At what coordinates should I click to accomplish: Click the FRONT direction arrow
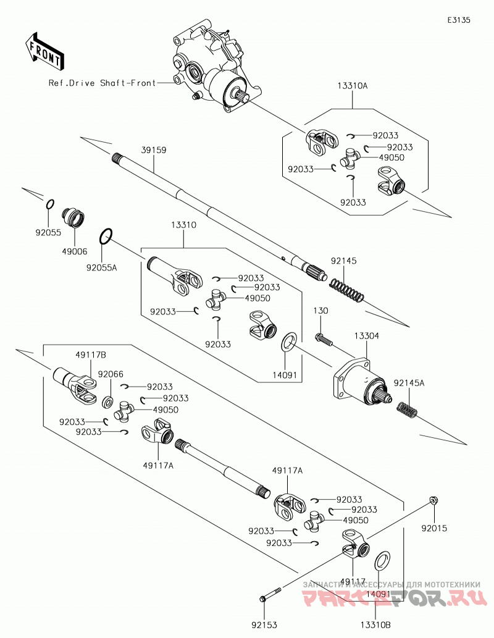44,50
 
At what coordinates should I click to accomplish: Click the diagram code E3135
459,20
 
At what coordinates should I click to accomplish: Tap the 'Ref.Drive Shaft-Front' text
102,83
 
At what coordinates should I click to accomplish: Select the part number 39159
154,150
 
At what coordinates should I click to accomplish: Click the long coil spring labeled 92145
346,290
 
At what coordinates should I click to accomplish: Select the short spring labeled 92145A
407,409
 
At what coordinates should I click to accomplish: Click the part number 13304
366,336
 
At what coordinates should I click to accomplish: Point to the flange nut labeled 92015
434,500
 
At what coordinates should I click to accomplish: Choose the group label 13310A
353,86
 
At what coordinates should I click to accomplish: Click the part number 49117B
91,355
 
